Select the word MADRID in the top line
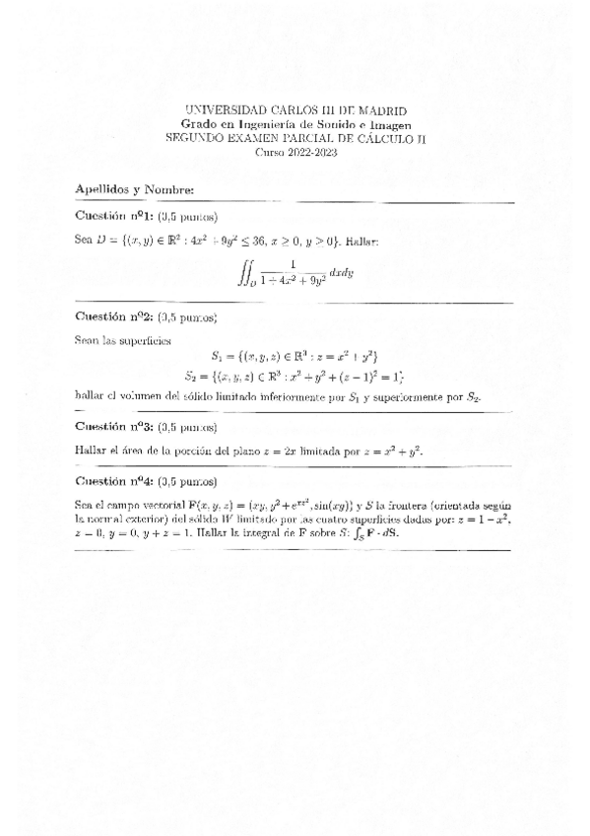tap(381, 111)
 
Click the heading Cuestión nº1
tap(112, 217)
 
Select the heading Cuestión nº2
tap(112, 316)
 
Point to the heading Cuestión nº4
tap(112, 482)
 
